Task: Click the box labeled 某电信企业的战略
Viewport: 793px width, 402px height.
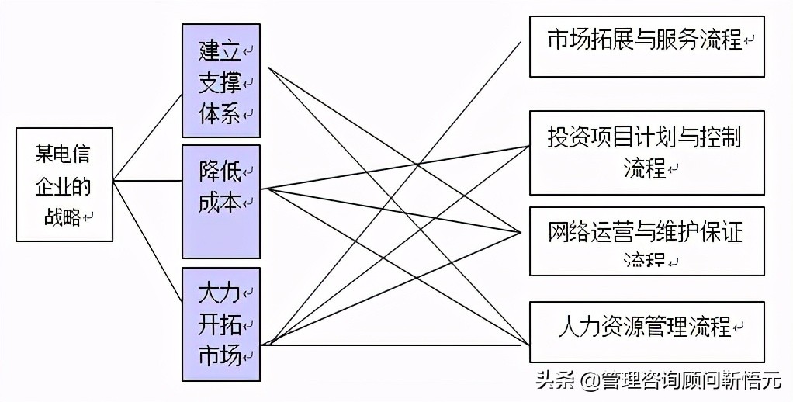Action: tap(64, 185)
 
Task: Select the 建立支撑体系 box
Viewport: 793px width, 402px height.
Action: tap(220, 81)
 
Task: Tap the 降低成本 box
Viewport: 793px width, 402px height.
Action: tap(220, 201)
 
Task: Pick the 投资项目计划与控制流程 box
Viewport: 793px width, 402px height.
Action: tap(646, 152)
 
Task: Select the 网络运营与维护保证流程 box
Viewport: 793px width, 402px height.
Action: tap(646, 241)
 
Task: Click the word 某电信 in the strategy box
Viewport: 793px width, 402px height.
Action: tap(62, 154)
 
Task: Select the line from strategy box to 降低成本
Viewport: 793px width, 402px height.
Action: tap(147, 182)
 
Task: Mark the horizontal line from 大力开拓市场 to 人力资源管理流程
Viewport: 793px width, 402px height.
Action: tap(396, 345)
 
